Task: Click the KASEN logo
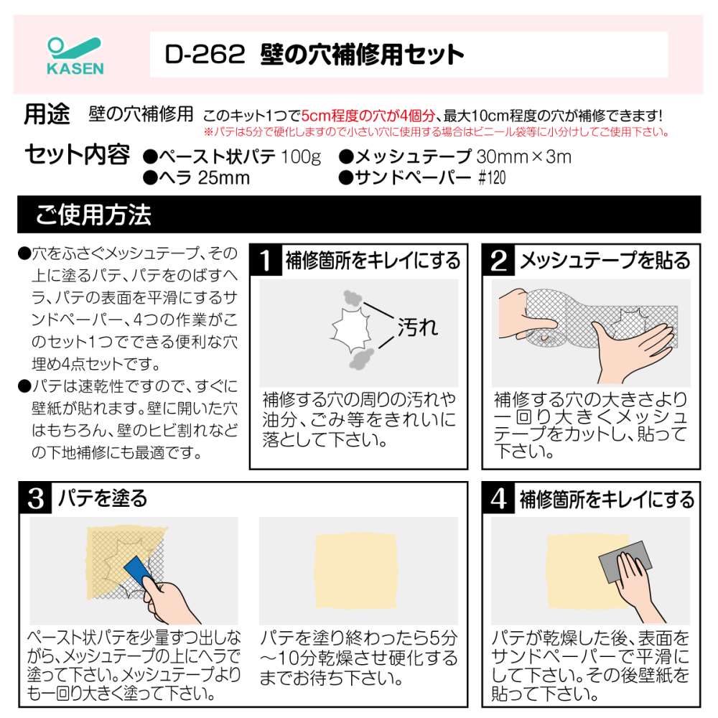(75, 55)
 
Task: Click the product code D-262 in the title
(205, 55)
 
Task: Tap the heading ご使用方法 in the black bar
(93, 214)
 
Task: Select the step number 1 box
(265, 260)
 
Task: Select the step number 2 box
(498, 260)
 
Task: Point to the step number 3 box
(36, 498)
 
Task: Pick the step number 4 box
(498, 498)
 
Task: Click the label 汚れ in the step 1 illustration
(417, 327)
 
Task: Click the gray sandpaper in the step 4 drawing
(625, 561)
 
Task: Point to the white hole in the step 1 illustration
(351, 328)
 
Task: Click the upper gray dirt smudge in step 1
(353, 298)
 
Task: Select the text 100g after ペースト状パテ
(300, 157)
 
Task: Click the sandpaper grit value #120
(492, 177)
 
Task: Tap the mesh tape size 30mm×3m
(524, 157)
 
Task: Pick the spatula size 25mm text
(224, 177)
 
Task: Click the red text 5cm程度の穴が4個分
(368, 116)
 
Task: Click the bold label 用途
(47, 114)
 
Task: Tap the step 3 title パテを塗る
(103, 498)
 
